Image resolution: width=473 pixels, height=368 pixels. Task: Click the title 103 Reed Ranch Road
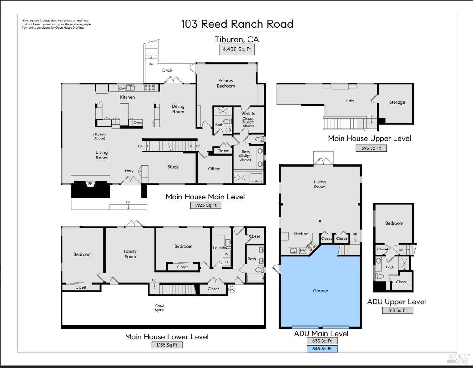click(x=237, y=24)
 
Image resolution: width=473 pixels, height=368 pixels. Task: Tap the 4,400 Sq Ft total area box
click(x=237, y=49)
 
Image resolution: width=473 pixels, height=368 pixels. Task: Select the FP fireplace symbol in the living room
click(x=90, y=184)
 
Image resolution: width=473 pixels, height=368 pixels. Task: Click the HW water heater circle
click(x=232, y=290)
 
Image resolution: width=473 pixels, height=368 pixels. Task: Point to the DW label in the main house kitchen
click(x=122, y=89)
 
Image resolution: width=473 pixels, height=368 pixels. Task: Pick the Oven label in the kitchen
click(x=137, y=123)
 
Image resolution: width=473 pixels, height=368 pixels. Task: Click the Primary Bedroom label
click(x=226, y=83)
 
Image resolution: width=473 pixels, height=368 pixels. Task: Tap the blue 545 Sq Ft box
click(x=322, y=349)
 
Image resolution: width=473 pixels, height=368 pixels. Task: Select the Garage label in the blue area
click(x=320, y=291)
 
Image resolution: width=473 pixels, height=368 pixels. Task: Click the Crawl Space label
click(x=160, y=308)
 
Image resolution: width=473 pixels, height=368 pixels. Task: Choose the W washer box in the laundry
click(x=226, y=254)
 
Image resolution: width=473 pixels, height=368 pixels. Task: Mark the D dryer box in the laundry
click(x=226, y=262)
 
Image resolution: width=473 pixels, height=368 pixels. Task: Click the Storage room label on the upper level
click(x=397, y=102)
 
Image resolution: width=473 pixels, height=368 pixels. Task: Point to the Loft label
click(x=350, y=101)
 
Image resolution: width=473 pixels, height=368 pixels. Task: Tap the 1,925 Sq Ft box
click(x=206, y=205)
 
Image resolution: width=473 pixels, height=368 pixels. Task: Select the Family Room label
click(x=130, y=254)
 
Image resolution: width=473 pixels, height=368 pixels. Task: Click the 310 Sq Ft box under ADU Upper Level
click(x=398, y=310)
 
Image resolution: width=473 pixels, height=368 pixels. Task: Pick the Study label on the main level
click(x=173, y=167)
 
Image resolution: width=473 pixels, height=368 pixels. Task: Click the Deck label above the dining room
click(x=167, y=70)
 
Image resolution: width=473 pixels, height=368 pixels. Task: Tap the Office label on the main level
click(x=214, y=169)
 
